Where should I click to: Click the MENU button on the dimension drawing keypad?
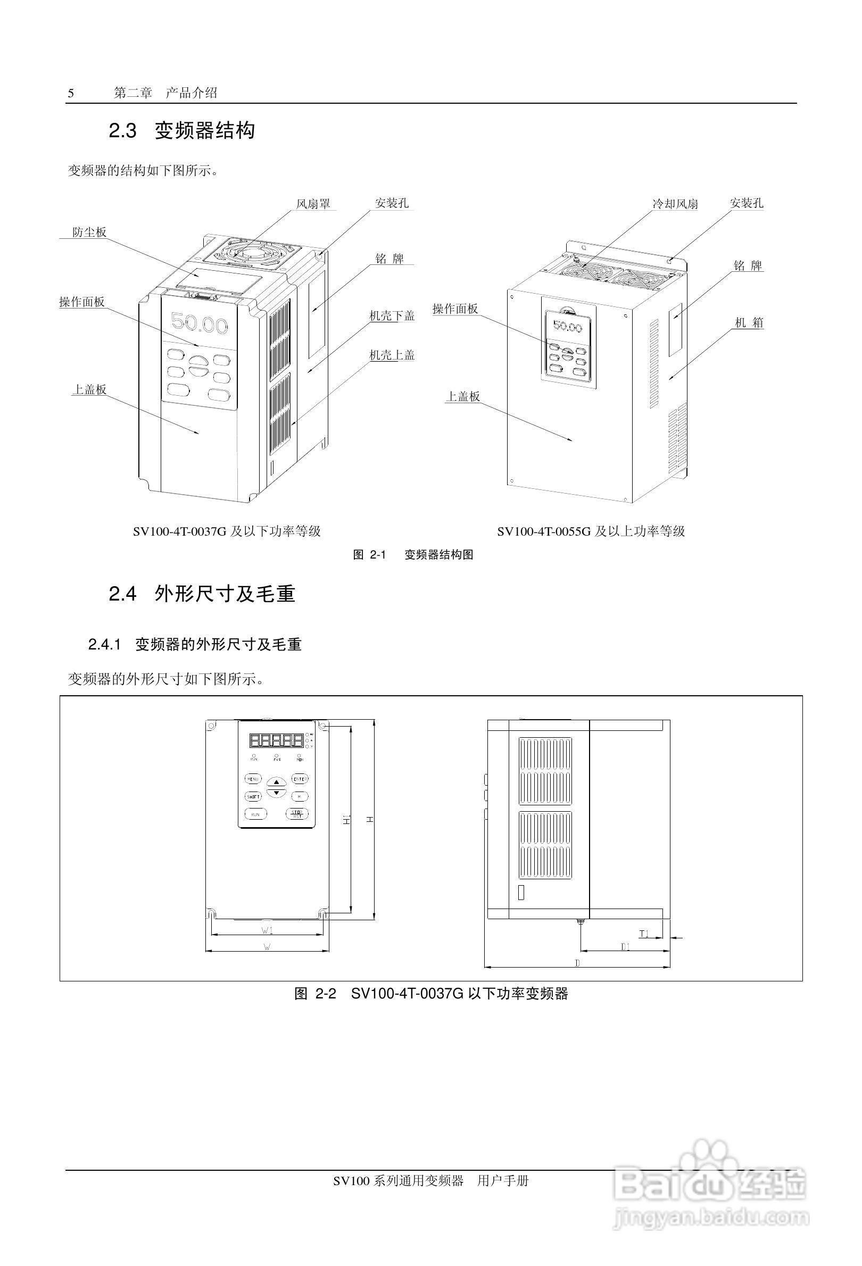coord(253,779)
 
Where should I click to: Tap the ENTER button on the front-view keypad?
coord(299,779)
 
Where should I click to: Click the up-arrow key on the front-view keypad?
coord(276,782)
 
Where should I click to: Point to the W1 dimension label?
coord(267,929)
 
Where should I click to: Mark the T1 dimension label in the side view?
coord(644,934)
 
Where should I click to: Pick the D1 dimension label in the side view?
coord(626,947)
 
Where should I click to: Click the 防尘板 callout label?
coord(89,232)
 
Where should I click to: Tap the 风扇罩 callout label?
coord(313,204)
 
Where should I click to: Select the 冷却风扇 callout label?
coord(675,204)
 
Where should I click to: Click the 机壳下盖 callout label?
coord(392,316)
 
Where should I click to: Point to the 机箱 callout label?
coord(749,322)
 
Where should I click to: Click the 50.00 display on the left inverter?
coord(200,323)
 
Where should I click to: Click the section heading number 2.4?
coord(122,594)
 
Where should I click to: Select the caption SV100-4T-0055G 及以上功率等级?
coord(591,531)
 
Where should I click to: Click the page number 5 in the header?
coord(71,94)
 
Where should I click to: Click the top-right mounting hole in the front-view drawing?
coord(322,727)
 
